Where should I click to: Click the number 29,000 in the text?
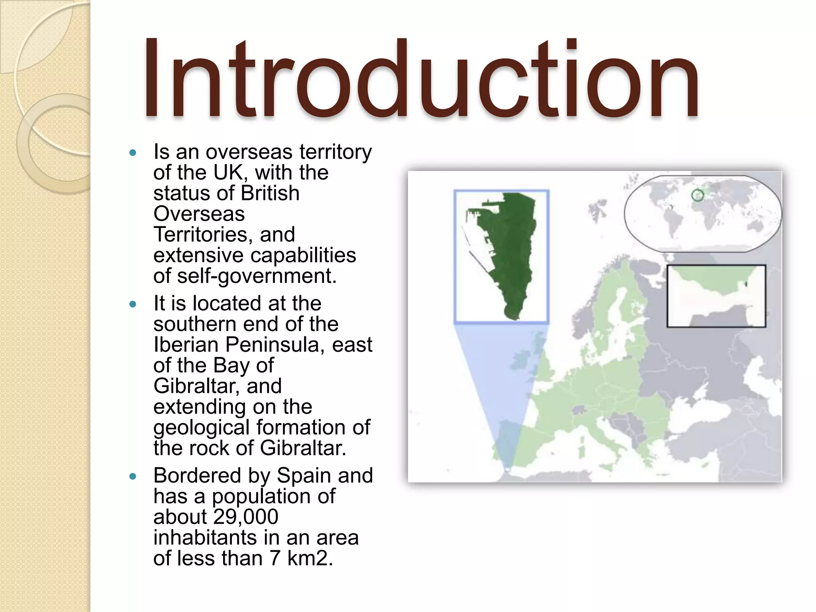coord(245,517)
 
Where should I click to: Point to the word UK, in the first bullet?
coord(231,173)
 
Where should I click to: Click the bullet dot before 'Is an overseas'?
coord(133,153)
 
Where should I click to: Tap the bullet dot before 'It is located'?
coord(133,305)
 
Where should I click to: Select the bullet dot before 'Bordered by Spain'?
coord(133,477)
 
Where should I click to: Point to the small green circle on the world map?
coord(697,195)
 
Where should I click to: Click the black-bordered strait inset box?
coord(716,296)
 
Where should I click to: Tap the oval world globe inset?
coord(702,213)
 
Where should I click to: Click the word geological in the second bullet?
coord(202,428)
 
